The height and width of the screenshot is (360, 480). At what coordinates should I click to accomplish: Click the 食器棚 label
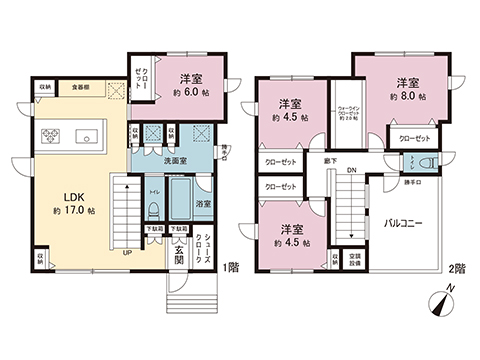pyautogui.click(x=78, y=88)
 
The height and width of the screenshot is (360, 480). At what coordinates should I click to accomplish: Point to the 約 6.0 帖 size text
pyautogui.click(x=192, y=93)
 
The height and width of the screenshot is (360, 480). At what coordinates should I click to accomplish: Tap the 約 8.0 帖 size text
pyautogui.click(x=405, y=97)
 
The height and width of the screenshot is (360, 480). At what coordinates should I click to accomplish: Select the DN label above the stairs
pyautogui.click(x=351, y=170)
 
